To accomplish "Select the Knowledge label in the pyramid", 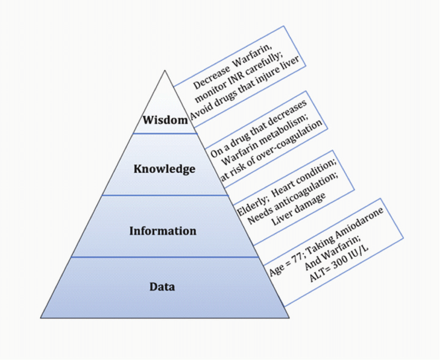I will click(164, 169).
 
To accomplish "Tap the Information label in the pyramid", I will click(163, 231).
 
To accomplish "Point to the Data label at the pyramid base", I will click(162, 287).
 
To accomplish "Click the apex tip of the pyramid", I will click(165, 71).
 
